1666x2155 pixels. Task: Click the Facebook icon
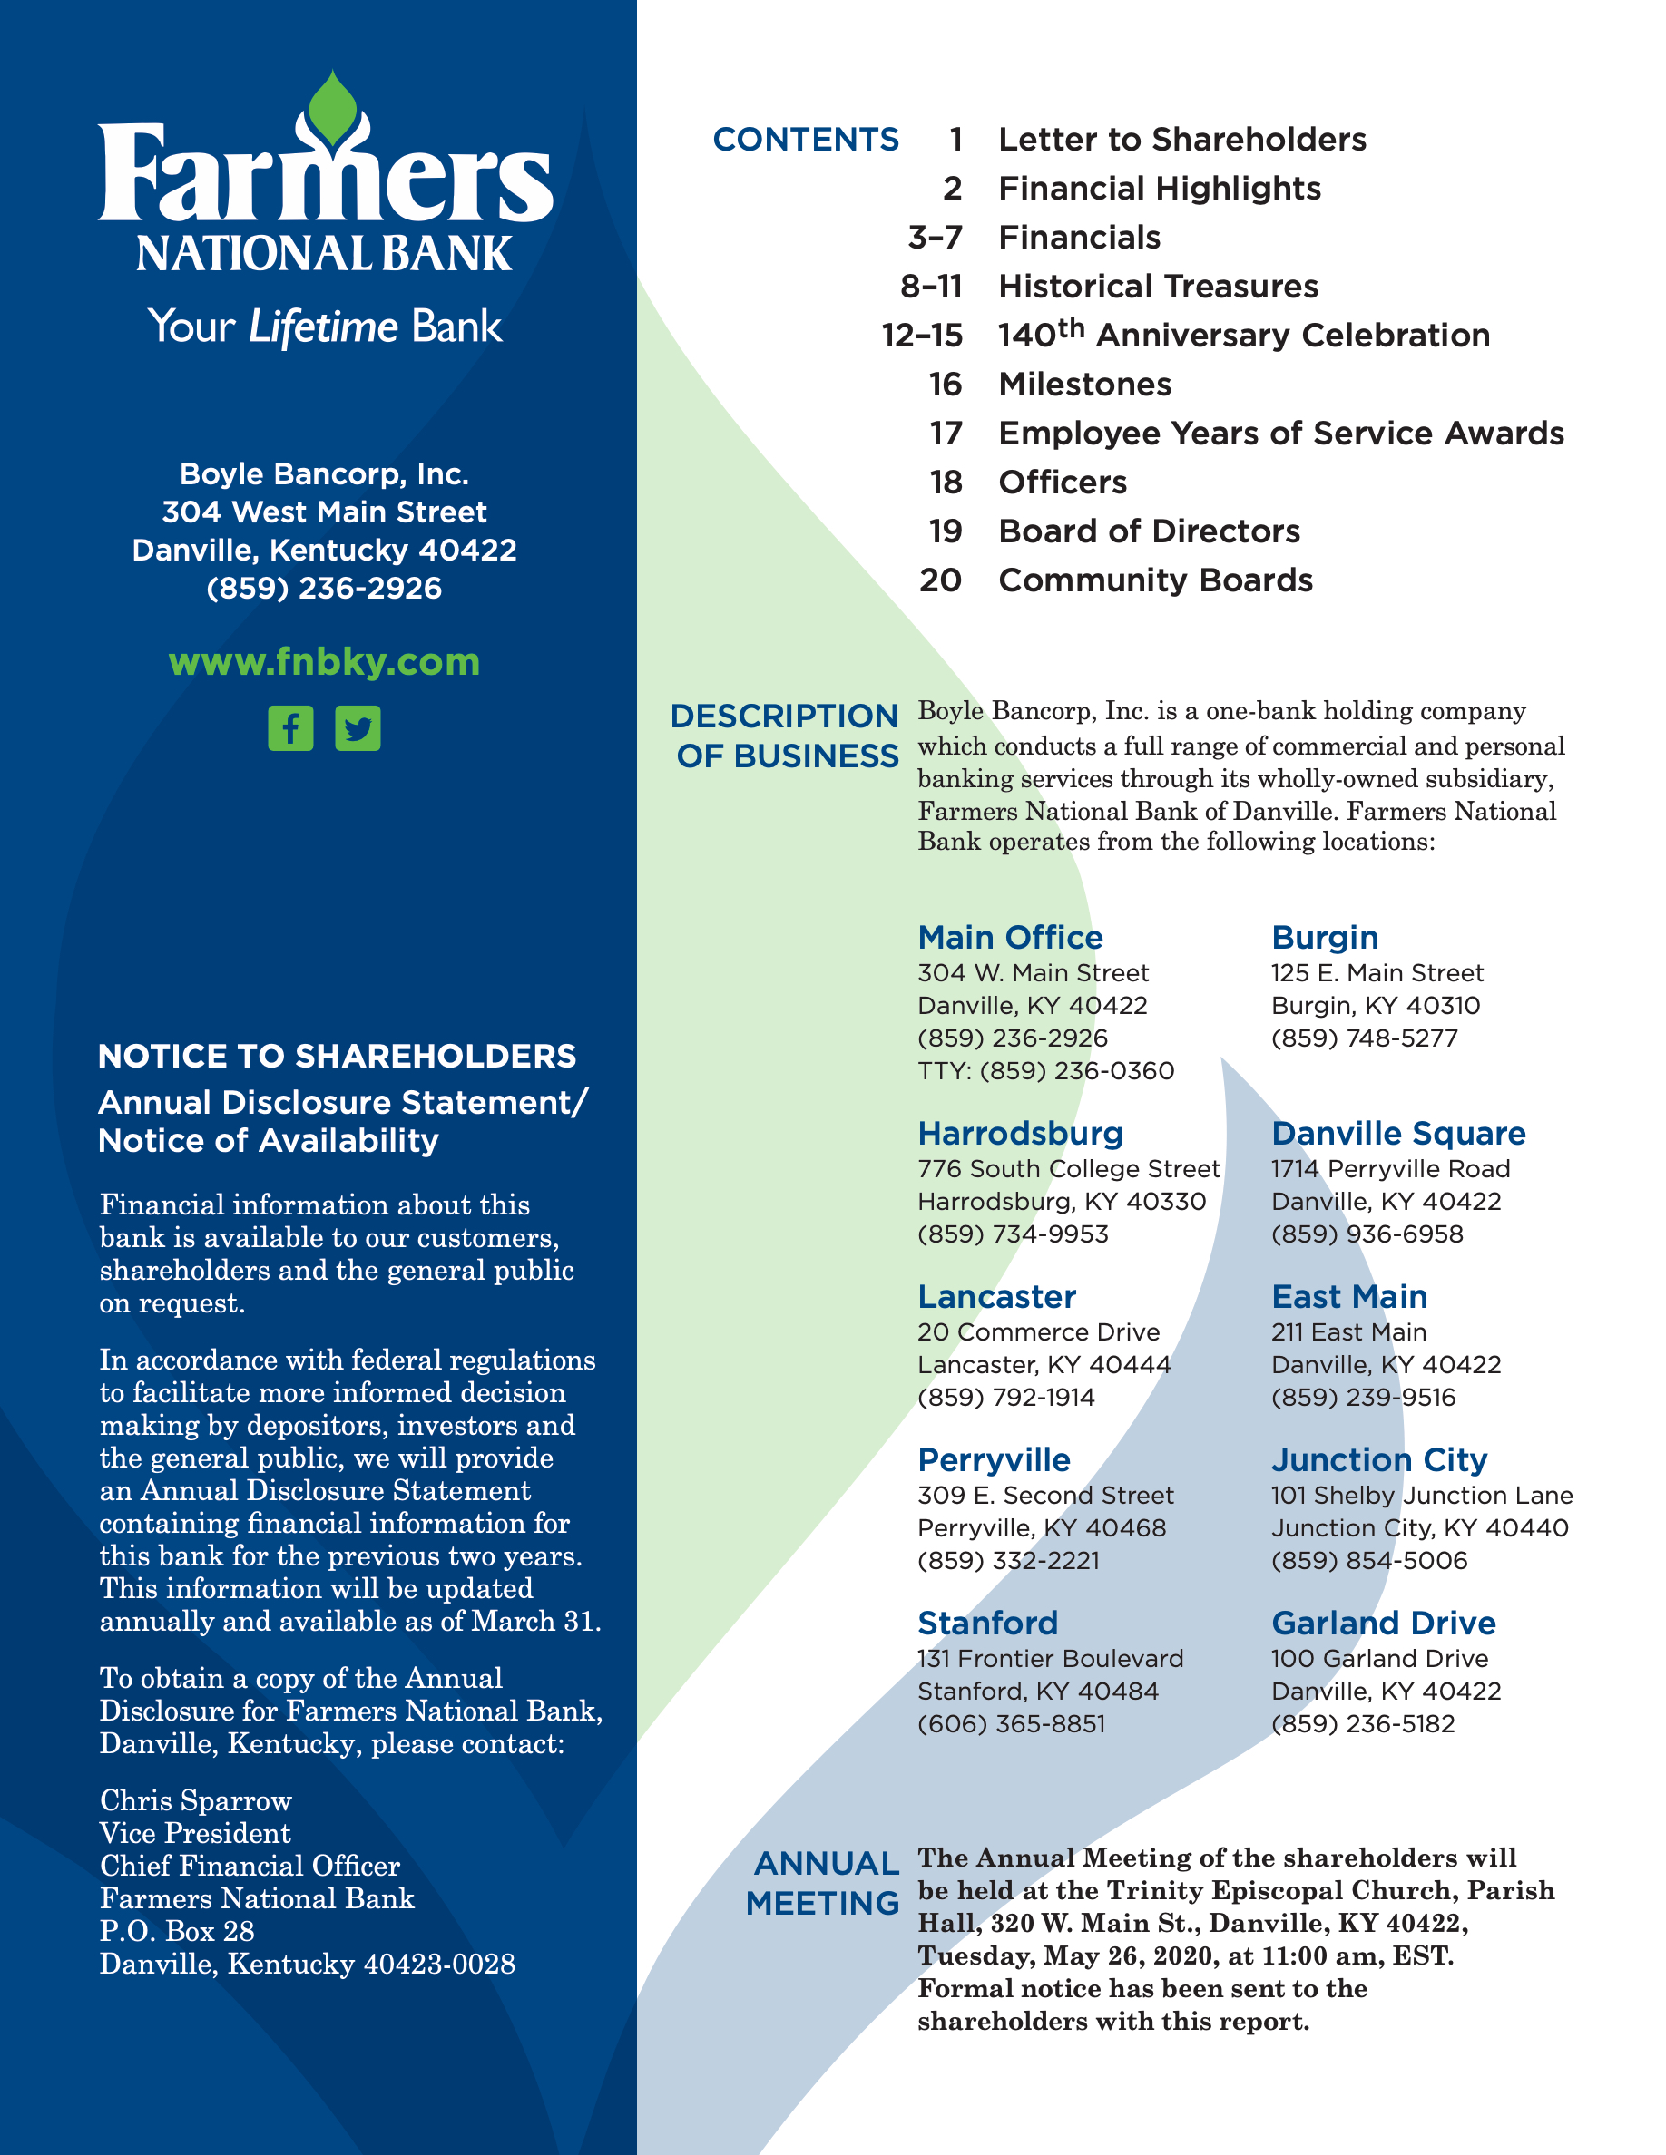tap(290, 728)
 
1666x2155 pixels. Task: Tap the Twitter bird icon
tap(358, 728)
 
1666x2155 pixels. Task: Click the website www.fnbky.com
tap(324, 661)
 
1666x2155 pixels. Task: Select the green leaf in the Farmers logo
tap(333, 112)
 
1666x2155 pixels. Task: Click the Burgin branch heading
tap(1325, 938)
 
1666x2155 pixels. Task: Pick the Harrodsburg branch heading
tap(1021, 1133)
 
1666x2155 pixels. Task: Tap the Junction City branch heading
tap(1378, 1459)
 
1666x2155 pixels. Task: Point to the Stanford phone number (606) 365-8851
tap(1012, 1724)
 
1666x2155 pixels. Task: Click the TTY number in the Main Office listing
tap(1046, 1070)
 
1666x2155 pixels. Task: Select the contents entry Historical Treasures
tap(1158, 286)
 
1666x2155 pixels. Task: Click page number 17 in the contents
tap(946, 434)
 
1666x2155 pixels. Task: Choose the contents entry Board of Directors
tap(1149, 531)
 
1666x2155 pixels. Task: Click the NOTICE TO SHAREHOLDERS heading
tap(337, 1056)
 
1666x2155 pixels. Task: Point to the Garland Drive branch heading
tap(1383, 1624)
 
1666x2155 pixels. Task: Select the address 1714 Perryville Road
tap(1389, 1169)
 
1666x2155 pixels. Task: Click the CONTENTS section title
tap(806, 139)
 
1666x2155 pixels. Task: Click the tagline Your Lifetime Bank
tap(325, 327)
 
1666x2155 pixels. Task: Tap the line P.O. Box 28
tap(177, 1931)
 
